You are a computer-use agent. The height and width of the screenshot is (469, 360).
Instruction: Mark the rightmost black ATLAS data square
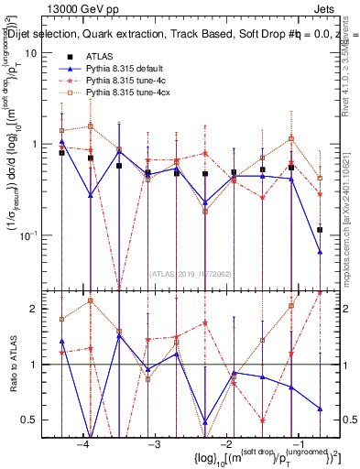320,230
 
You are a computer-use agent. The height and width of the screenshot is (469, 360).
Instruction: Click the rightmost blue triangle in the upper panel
320,251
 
